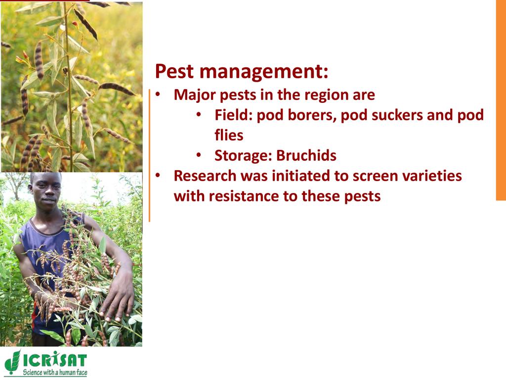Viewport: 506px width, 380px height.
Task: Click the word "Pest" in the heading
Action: coord(174,71)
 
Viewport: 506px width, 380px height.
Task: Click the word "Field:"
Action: coord(234,115)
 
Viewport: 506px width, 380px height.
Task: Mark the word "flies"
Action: coord(229,135)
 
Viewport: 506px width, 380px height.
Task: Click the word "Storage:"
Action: coord(244,156)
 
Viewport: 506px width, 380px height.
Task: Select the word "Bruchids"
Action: coord(306,155)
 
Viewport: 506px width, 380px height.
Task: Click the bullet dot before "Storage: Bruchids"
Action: coord(199,155)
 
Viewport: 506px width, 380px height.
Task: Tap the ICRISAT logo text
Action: coord(54,360)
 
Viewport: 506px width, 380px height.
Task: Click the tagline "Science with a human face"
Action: coord(55,372)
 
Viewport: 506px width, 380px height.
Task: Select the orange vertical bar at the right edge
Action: coord(501,100)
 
